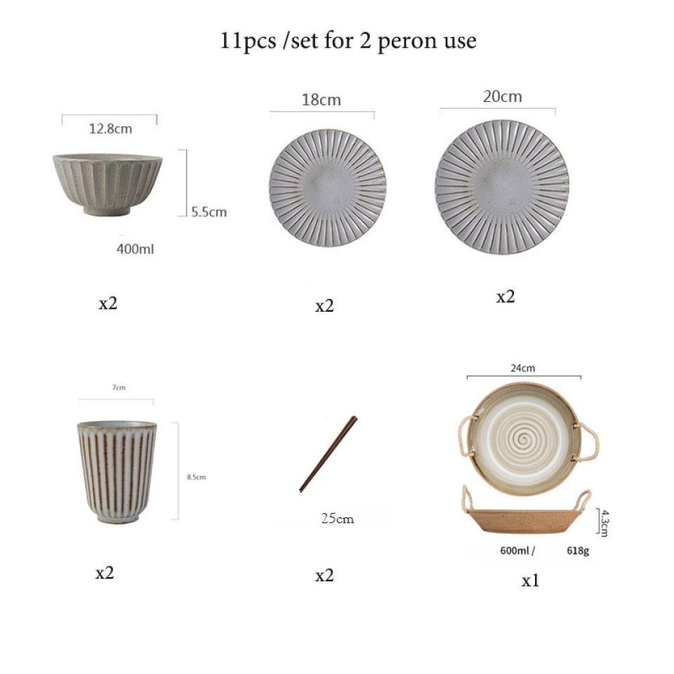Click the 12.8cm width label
(x=110, y=128)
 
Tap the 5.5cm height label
(x=209, y=212)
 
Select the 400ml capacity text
(x=135, y=249)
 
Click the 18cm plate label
(x=321, y=100)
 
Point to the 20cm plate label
(x=502, y=96)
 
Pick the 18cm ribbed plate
(x=328, y=188)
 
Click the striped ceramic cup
(x=117, y=472)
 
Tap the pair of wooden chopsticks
(x=329, y=454)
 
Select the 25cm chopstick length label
(x=338, y=518)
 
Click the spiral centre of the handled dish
(x=524, y=439)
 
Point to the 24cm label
(x=522, y=368)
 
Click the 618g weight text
(x=578, y=550)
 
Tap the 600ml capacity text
(x=515, y=550)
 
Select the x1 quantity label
(x=530, y=581)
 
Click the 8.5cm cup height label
(x=196, y=477)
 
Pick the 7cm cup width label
(x=119, y=388)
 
